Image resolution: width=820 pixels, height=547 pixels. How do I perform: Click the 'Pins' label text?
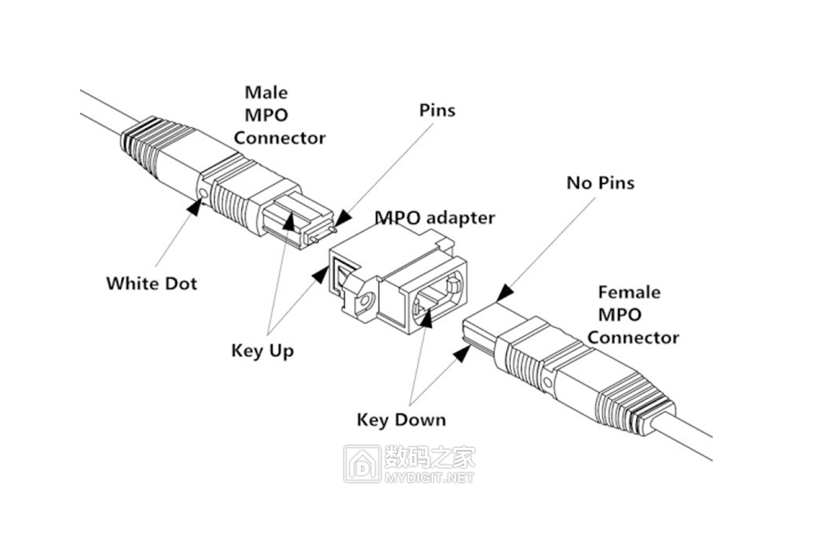[x=437, y=110]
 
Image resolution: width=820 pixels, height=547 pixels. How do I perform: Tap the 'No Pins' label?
[x=600, y=183]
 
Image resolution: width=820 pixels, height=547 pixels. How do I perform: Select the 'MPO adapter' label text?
[x=434, y=218]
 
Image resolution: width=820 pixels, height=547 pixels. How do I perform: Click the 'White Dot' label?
[x=151, y=282]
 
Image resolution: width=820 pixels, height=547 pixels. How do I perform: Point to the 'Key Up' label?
[x=262, y=351]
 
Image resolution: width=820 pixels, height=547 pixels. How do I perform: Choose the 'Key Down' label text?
[x=401, y=419]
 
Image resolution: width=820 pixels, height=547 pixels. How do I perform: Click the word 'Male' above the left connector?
[x=266, y=92]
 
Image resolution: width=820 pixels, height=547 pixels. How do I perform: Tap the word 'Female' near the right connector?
[x=629, y=293]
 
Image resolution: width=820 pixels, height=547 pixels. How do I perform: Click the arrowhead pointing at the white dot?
[x=195, y=208]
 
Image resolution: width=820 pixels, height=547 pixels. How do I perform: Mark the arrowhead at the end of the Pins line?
[x=342, y=218]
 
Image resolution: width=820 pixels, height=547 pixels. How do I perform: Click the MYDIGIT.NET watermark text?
[x=429, y=477]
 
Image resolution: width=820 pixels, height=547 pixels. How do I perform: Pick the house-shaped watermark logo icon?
[x=362, y=464]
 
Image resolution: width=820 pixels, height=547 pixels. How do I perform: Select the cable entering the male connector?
[x=99, y=109]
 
